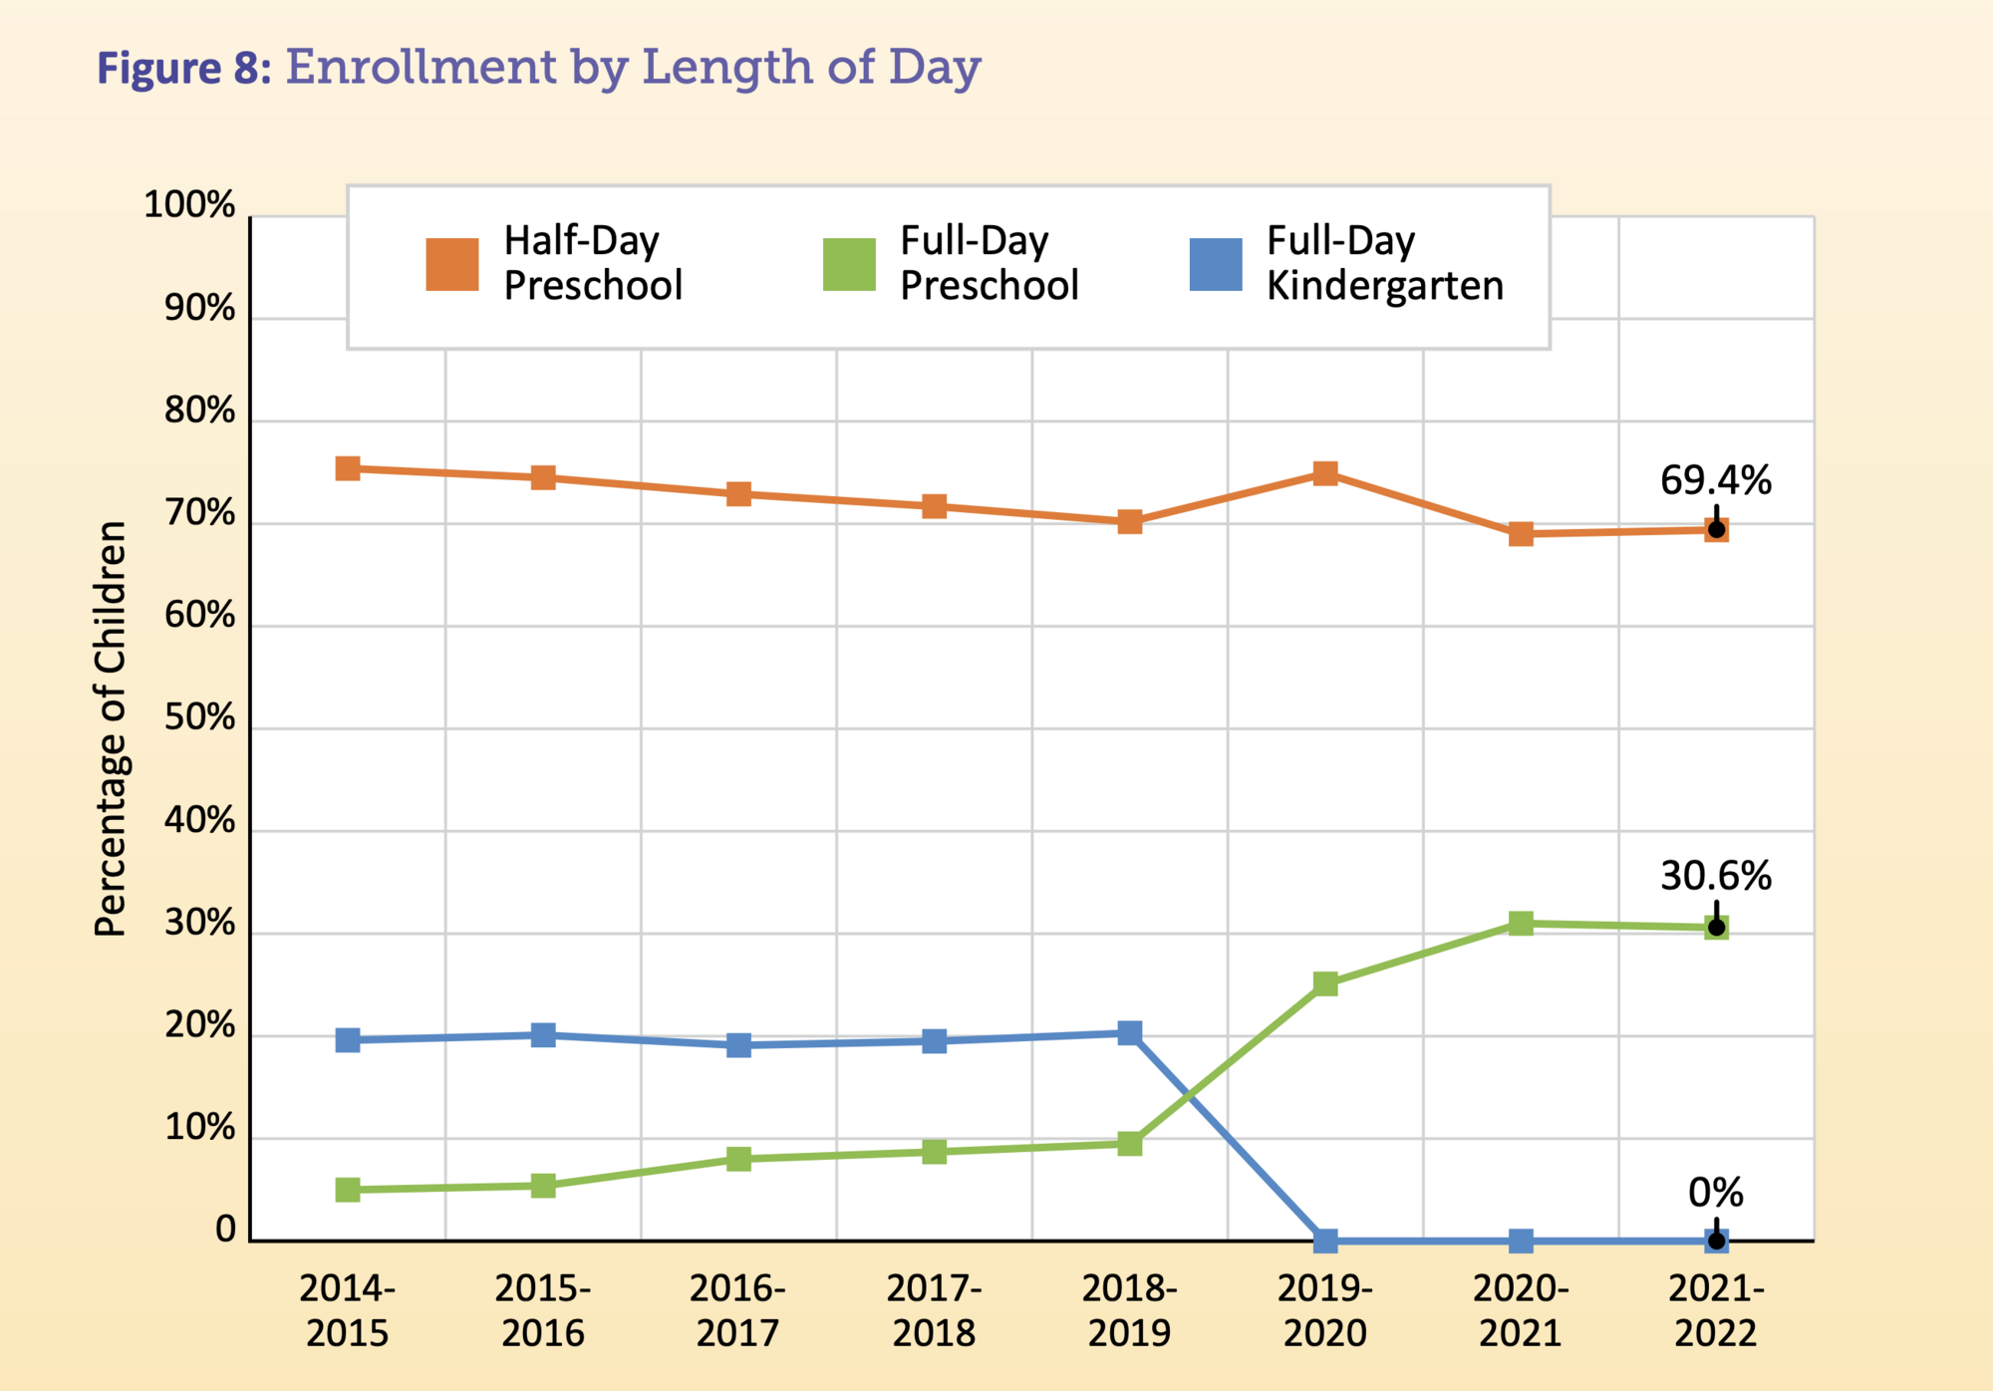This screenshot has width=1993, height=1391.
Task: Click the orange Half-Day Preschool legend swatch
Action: tap(451, 264)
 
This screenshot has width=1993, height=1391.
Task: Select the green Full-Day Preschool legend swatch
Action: tap(849, 264)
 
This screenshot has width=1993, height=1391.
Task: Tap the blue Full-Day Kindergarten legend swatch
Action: tap(1216, 264)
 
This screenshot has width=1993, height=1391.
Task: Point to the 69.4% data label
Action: tap(1715, 480)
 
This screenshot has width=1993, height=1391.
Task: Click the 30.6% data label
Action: tap(1715, 876)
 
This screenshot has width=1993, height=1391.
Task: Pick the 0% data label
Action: tap(1715, 1192)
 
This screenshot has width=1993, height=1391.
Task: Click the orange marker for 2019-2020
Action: tap(1324, 472)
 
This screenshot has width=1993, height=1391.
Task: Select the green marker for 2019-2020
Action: tap(1324, 983)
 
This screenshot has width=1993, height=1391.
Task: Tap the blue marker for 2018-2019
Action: tap(1129, 1032)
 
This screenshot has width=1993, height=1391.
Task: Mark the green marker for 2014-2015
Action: tap(347, 1189)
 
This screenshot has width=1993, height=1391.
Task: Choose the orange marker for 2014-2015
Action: tap(347, 468)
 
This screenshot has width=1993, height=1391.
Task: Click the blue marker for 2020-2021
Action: tap(1520, 1241)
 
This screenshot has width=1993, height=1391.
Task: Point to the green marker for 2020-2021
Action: tap(1520, 923)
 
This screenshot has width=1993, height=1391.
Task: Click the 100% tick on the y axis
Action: tap(189, 205)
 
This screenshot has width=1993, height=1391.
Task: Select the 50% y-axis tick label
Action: tap(199, 717)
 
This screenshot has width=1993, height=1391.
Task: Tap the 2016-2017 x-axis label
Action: tap(737, 1310)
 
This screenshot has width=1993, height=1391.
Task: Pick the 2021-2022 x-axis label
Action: tap(1715, 1310)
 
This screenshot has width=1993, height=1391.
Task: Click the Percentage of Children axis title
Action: tap(111, 728)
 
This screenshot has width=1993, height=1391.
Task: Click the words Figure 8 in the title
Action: tap(183, 69)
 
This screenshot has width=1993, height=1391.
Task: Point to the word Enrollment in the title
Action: tap(422, 67)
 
